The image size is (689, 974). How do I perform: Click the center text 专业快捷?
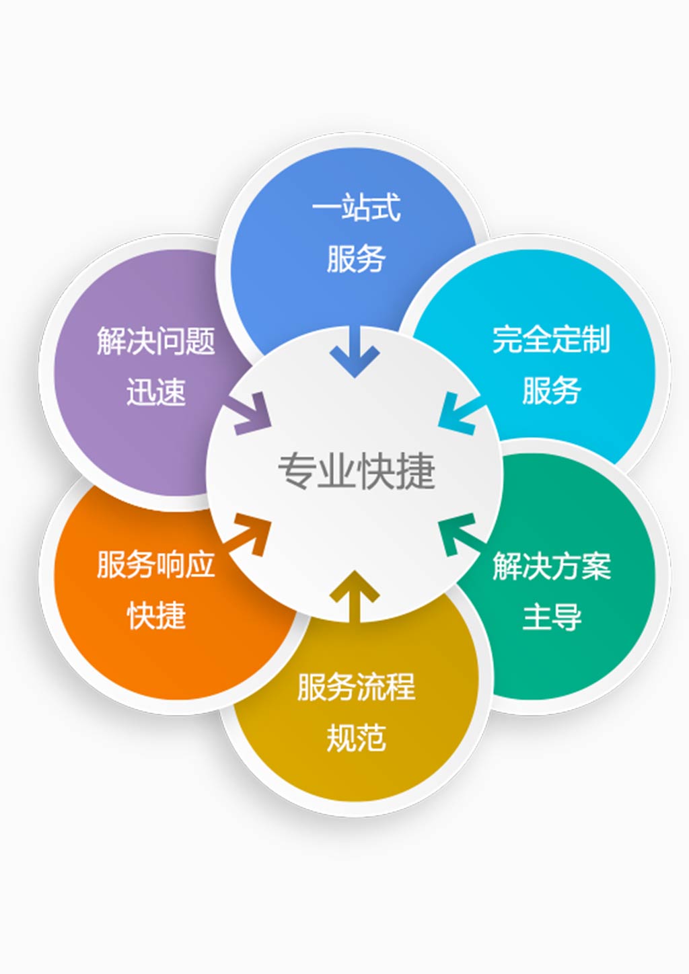[356, 471]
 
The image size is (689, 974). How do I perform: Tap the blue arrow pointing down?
[355, 352]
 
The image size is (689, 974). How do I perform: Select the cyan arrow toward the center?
[460, 412]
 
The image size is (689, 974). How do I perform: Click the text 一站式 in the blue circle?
[356, 207]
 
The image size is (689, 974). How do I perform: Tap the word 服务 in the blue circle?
[356, 258]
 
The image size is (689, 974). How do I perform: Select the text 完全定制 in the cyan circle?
[551, 339]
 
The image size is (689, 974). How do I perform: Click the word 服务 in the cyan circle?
[551, 390]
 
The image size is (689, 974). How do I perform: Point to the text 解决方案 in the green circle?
[551, 566]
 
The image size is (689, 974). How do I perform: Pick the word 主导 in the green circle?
[551, 617]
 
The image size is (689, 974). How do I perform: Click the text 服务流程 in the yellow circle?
[356, 687]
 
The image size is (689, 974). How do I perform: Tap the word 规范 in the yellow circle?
[356, 739]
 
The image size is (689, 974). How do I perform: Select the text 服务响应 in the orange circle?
[155, 564]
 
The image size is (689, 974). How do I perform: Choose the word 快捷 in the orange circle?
[156, 615]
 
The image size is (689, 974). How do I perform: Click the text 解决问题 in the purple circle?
[155, 340]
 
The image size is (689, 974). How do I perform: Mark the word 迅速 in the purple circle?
[155, 391]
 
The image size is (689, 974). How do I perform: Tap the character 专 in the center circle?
[297, 471]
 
